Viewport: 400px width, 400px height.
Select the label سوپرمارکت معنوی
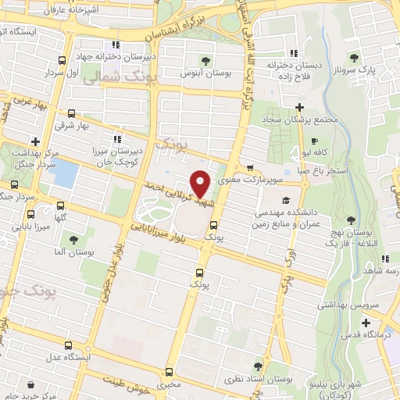(248, 180)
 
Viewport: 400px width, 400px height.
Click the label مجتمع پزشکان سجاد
(298, 119)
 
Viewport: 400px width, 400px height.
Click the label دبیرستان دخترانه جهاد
(117, 56)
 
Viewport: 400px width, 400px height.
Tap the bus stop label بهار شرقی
(72, 124)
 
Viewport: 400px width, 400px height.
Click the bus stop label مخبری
(168, 384)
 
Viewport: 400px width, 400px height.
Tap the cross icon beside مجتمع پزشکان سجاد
(299, 107)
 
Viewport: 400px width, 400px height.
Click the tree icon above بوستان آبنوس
(205, 59)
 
